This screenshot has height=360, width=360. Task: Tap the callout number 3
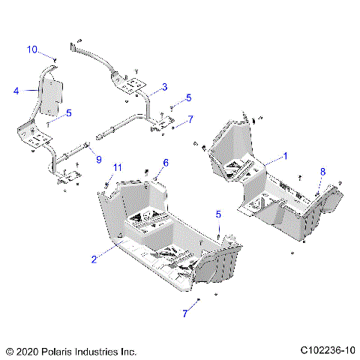click(x=164, y=87)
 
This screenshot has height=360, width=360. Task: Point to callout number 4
click(x=15, y=91)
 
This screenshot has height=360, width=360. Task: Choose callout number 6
click(x=166, y=162)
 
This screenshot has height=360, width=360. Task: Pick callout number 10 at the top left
click(x=31, y=49)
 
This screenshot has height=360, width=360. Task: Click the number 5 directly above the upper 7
click(x=189, y=97)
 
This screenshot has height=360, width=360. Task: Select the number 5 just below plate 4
click(x=69, y=113)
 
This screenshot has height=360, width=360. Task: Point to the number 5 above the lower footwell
click(x=218, y=214)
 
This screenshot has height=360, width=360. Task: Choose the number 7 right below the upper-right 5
click(x=190, y=118)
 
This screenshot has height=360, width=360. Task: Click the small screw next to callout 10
click(x=55, y=57)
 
